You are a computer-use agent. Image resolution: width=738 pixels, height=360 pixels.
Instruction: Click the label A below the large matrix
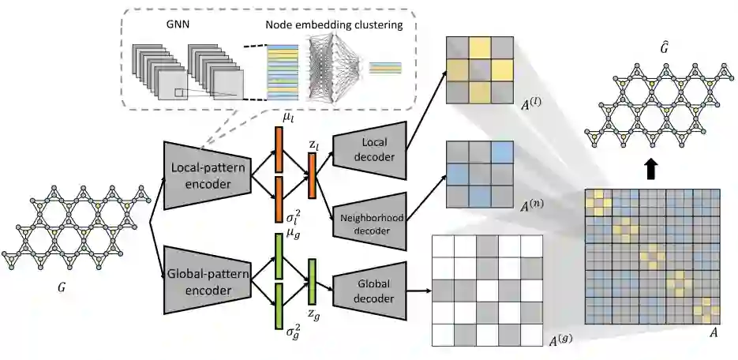(714, 332)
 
